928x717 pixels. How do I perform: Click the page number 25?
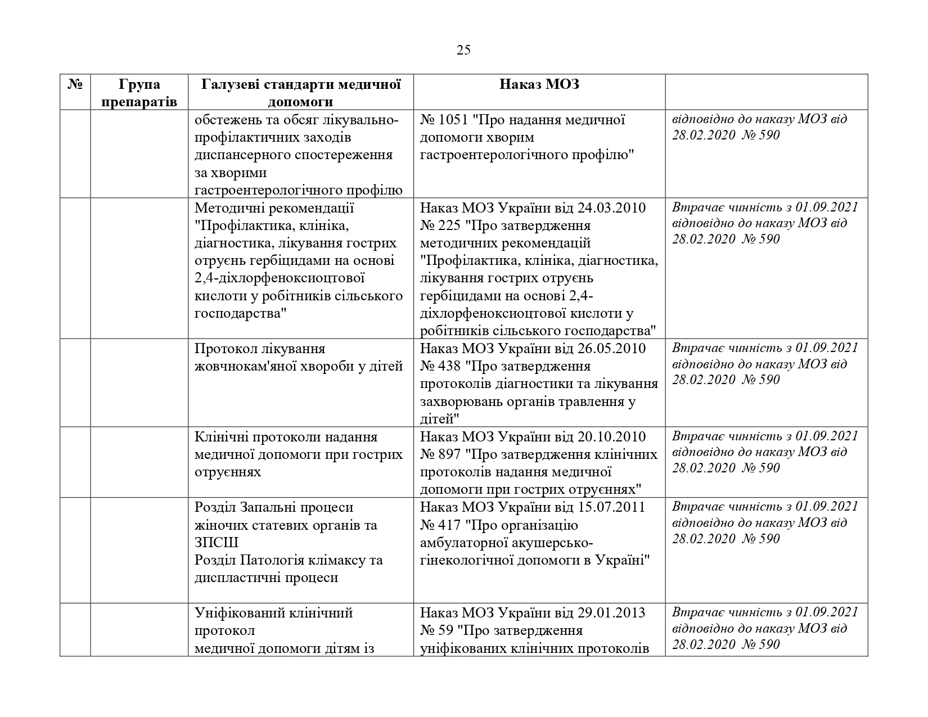click(x=463, y=51)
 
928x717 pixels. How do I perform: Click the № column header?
click(x=75, y=85)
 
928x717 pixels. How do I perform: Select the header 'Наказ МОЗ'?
click(x=539, y=85)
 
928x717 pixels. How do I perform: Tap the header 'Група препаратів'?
click(x=139, y=93)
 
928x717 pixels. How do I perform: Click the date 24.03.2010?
click(x=611, y=208)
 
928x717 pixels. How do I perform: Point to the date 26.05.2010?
click(x=611, y=349)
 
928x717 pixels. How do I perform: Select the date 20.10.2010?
click(x=611, y=437)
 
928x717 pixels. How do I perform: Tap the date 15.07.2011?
click(x=611, y=507)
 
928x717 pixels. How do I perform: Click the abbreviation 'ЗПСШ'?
click(x=217, y=543)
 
